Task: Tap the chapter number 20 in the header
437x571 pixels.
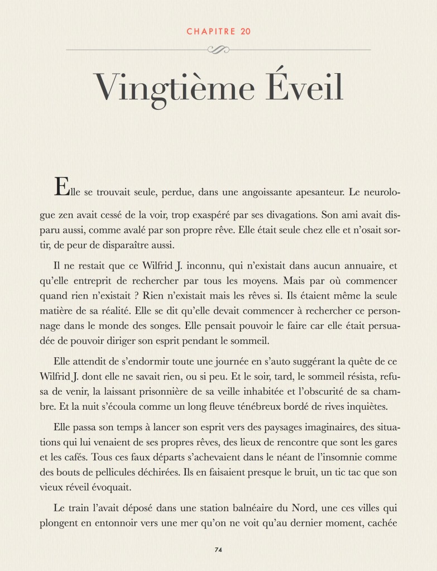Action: coord(246,31)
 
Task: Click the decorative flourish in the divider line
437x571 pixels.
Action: coord(218,50)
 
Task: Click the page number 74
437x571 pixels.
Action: coord(218,550)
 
